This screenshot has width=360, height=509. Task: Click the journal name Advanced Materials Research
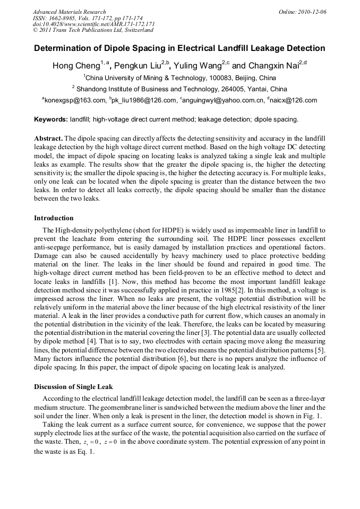[x=69, y=12]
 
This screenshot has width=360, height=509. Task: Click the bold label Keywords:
[x=51, y=119]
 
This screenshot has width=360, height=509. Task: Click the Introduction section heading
[x=54, y=218]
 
